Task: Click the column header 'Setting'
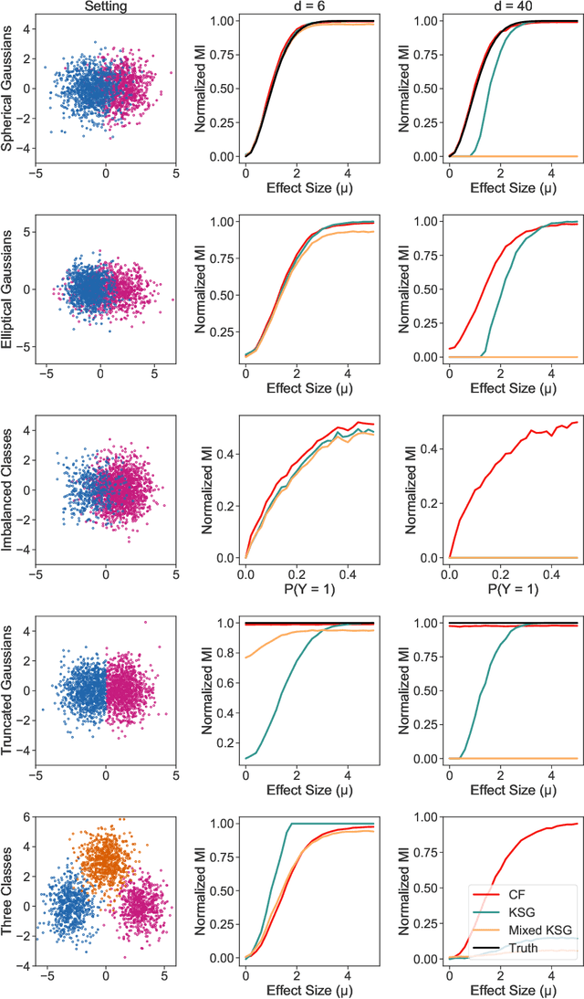tap(105, 6)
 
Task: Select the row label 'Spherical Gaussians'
tap(8, 89)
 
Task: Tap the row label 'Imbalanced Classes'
tap(8, 489)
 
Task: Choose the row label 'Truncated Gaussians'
tap(8, 689)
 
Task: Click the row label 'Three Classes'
tap(8, 889)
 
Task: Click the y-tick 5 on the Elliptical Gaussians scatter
tap(33, 234)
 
